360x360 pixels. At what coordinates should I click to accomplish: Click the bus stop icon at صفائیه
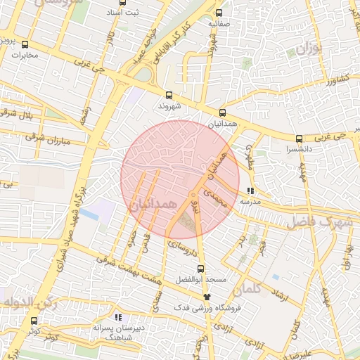tap(219, 13)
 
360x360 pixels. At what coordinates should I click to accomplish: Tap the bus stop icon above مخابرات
tap(25, 45)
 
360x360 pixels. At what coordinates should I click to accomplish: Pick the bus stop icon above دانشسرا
tap(300, 139)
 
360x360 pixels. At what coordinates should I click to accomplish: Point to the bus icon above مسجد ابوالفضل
tap(200, 269)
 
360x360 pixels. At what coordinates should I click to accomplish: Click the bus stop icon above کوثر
tap(34, 321)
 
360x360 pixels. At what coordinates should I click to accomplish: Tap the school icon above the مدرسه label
tap(251, 191)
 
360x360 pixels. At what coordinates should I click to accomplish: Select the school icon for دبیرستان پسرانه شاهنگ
tap(118, 317)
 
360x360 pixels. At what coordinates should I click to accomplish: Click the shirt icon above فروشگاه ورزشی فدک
tap(206, 297)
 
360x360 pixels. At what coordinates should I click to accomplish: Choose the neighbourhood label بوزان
tap(307, 51)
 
